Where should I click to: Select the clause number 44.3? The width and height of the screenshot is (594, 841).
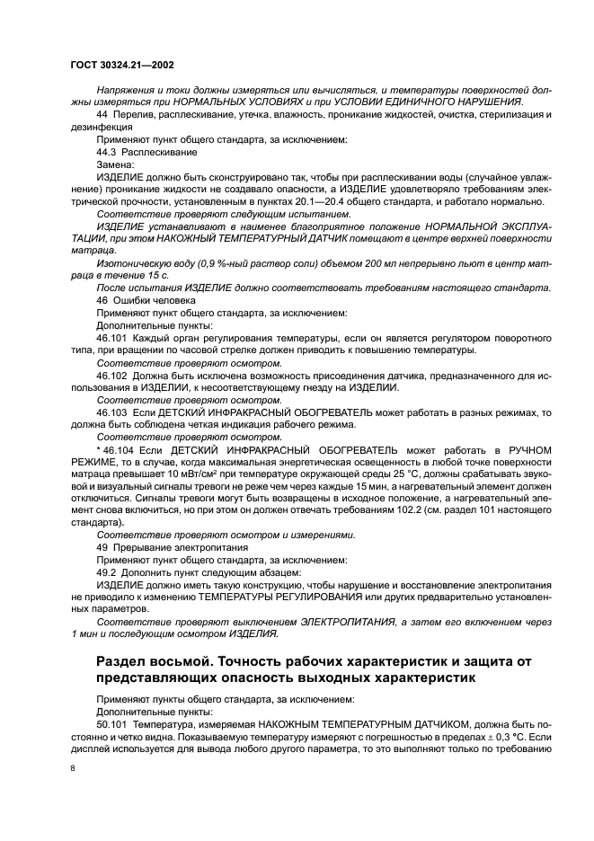click(x=108, y=153)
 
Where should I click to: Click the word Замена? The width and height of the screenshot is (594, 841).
click(x=115, y=165)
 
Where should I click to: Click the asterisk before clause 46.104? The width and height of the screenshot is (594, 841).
click(x=98, y=448)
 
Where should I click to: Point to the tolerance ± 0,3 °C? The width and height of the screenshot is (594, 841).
click(x=496, y=735)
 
